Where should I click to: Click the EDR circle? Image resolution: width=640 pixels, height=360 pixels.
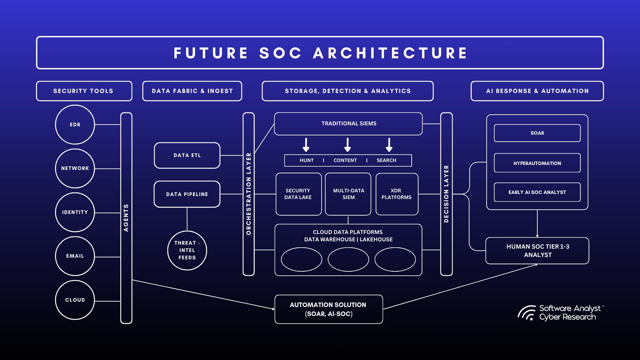point(75,125)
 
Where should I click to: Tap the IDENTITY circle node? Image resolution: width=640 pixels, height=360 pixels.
point(75,212)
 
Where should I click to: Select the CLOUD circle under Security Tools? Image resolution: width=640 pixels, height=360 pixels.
point(75,300)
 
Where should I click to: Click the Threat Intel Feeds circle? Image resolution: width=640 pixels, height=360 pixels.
point(187,250)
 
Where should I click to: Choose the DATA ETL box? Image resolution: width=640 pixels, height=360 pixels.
point(187,155)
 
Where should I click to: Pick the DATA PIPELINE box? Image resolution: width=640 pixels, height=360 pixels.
point(187,194)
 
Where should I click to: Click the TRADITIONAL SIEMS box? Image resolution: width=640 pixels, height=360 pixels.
point(348,124)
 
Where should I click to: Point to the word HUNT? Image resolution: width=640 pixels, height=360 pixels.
point(306,160)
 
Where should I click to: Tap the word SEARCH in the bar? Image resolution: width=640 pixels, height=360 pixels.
point(386,160)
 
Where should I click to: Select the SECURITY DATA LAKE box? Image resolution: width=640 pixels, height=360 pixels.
point(298,194)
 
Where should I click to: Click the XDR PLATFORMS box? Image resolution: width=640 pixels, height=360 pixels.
point(397,194)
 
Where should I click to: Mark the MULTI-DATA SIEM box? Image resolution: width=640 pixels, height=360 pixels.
point(348,194)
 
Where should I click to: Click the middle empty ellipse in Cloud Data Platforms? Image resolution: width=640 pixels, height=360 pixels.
point(348,259)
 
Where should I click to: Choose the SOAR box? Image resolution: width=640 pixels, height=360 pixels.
point(537,133)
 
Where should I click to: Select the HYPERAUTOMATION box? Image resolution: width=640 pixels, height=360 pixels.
point(537,163)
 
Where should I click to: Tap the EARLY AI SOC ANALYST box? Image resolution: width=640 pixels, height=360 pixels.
point(537,192)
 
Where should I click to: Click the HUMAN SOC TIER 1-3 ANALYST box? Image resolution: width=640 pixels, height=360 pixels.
point(537,251)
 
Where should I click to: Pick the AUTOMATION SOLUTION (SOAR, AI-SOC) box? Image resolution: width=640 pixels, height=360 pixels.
point(328,309)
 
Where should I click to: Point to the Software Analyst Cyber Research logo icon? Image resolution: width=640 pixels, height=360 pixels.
point(527,313)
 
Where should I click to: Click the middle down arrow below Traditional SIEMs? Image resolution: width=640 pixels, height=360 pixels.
point(348,145)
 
